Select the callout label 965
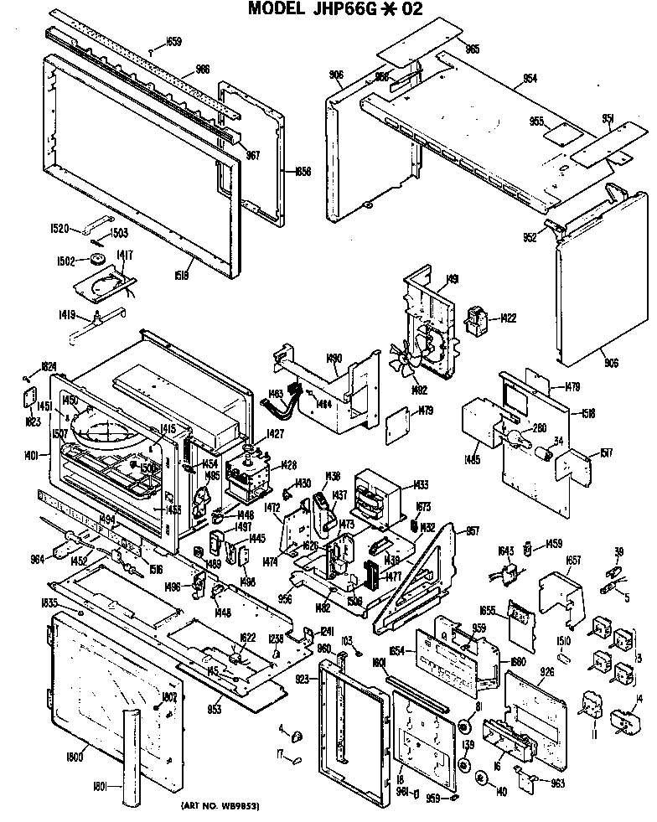(473, 49)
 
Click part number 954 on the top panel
(529, 78)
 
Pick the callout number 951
(608, 119)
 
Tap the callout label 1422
(509, 318)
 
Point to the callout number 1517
(607, 453)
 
